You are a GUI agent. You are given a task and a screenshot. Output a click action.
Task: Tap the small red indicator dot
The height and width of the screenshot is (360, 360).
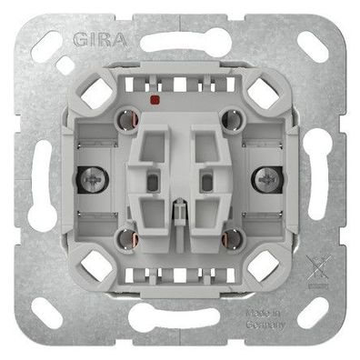point(159,95)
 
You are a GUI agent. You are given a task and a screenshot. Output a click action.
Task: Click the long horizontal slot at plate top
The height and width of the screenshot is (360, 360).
point(181,43)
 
